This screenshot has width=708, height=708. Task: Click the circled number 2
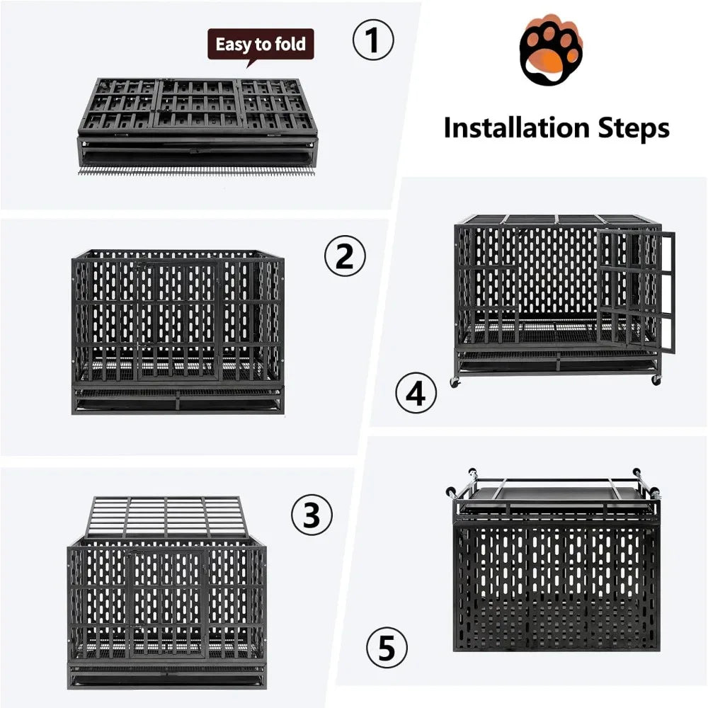coord(345,257)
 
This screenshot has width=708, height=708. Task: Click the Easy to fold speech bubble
coord(260,45)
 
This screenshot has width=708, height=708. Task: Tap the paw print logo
coord(551,52)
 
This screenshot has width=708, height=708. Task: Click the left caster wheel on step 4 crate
coord(454,382)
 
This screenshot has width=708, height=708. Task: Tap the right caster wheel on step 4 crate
coord(656,379)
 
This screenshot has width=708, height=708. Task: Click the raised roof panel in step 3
coord(166,517)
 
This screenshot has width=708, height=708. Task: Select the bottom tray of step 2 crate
coord(177,404)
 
